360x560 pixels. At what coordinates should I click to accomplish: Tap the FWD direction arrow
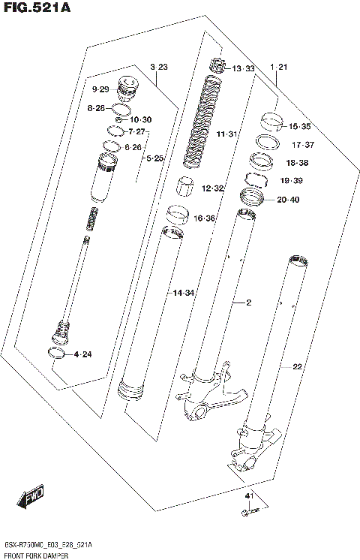coord(32,496)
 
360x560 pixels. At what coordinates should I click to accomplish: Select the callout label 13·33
coord(243,69)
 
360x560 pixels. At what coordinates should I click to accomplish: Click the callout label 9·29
coord(100,90)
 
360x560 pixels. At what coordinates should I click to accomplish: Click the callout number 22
coord(297,366)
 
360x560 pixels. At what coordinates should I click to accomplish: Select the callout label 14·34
coord(184,291)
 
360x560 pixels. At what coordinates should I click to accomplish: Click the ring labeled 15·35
coord(271,120)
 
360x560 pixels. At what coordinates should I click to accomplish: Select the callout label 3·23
coord(158,68)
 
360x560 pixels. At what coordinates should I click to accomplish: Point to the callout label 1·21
coord(279,68)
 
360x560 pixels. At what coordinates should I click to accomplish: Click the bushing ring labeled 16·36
coord(177,215)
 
